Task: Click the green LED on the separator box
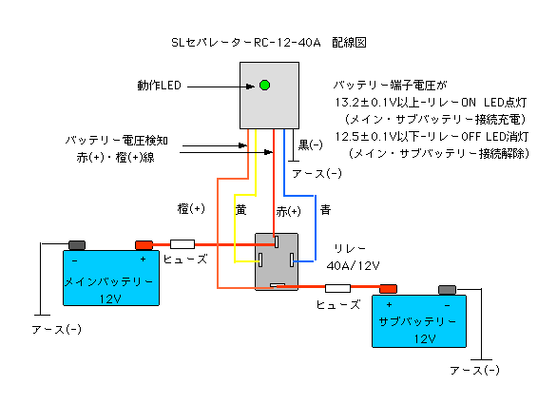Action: click(264, 86)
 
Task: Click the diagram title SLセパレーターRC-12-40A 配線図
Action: click(269, 43)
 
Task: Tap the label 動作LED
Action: click(160, 86)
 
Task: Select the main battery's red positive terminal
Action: click(144, 245)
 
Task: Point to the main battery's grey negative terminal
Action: click(77, 245)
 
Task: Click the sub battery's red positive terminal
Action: click(388, 289)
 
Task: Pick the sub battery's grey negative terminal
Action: click(448, 290)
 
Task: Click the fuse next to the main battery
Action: click(182, 244)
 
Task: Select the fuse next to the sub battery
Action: click(337, 288)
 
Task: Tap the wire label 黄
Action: click(240, 210)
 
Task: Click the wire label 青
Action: click(325, 210)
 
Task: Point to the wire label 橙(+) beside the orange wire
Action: click(191, 208)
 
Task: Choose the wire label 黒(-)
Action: click(310, 144)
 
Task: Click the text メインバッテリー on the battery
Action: click(108, 281)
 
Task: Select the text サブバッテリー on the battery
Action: click(417, 322)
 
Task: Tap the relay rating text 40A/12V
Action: click(353, 265)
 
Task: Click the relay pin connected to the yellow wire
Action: click(260, 260)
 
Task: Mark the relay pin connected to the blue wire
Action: click(292, 260)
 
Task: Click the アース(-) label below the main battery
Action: click(56, 330)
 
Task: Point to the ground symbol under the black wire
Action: click(293, 161)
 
